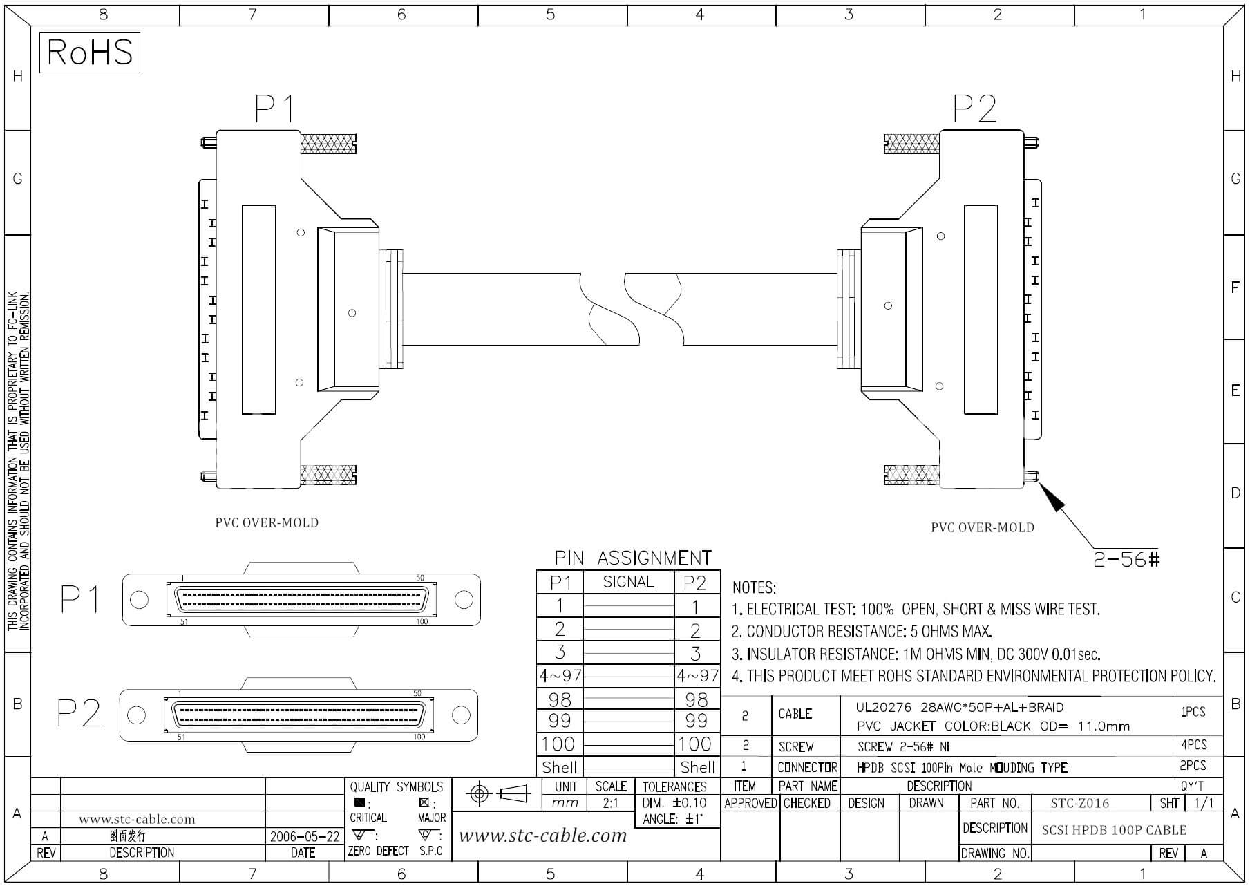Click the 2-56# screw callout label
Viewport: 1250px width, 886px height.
(x=1126, y=559)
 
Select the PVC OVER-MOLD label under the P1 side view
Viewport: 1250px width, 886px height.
(x=267, y=522)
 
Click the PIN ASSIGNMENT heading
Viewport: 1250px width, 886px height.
(x=633, y=558)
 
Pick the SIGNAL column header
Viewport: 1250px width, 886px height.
(x=628, y=582)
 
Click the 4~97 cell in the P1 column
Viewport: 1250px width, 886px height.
(x=560, y=675)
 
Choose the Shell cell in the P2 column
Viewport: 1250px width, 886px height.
(x=698, y=767)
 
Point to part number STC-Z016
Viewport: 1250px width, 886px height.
(x=1079, y=803)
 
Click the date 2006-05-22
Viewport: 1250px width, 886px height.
(x=305, y=836)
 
